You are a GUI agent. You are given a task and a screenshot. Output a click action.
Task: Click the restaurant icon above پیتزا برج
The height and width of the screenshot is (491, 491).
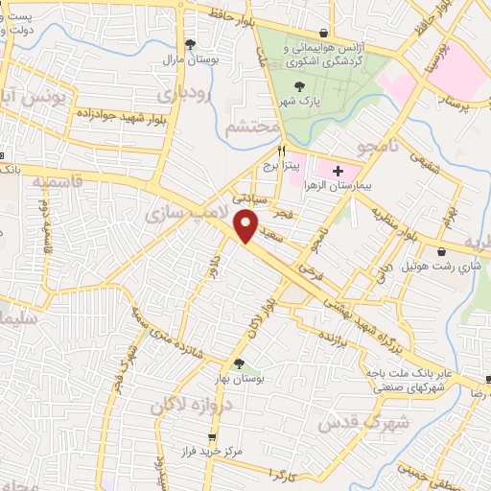(281, 151)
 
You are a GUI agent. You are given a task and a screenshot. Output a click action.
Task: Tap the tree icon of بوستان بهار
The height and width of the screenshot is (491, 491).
(239, 363)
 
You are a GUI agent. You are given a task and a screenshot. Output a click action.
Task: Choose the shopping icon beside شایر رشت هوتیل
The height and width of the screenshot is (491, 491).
(445, 249)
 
